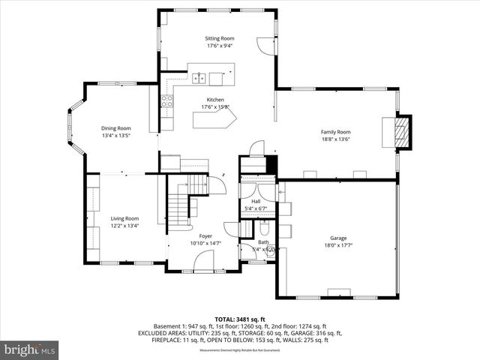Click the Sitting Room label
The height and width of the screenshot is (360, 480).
click(x=220, y=38)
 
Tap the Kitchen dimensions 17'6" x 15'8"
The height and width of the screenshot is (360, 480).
click(x=216, y=107)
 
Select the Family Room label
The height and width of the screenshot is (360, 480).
click(x=335, y=131)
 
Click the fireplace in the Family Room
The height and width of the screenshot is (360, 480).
click(x=403, y=132)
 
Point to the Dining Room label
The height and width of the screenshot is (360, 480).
click(x=116, y=128)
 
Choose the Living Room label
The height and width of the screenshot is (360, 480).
click(x=124, y=218)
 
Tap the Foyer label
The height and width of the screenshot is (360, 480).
click(x=205, y=236)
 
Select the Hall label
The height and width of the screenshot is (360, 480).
click(x=256, y=201)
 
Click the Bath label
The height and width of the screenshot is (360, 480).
click(x=263, y=242)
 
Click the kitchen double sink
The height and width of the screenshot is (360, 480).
click(x=199, y=76)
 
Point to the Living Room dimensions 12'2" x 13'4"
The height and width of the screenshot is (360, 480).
click(x=124, y=226)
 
